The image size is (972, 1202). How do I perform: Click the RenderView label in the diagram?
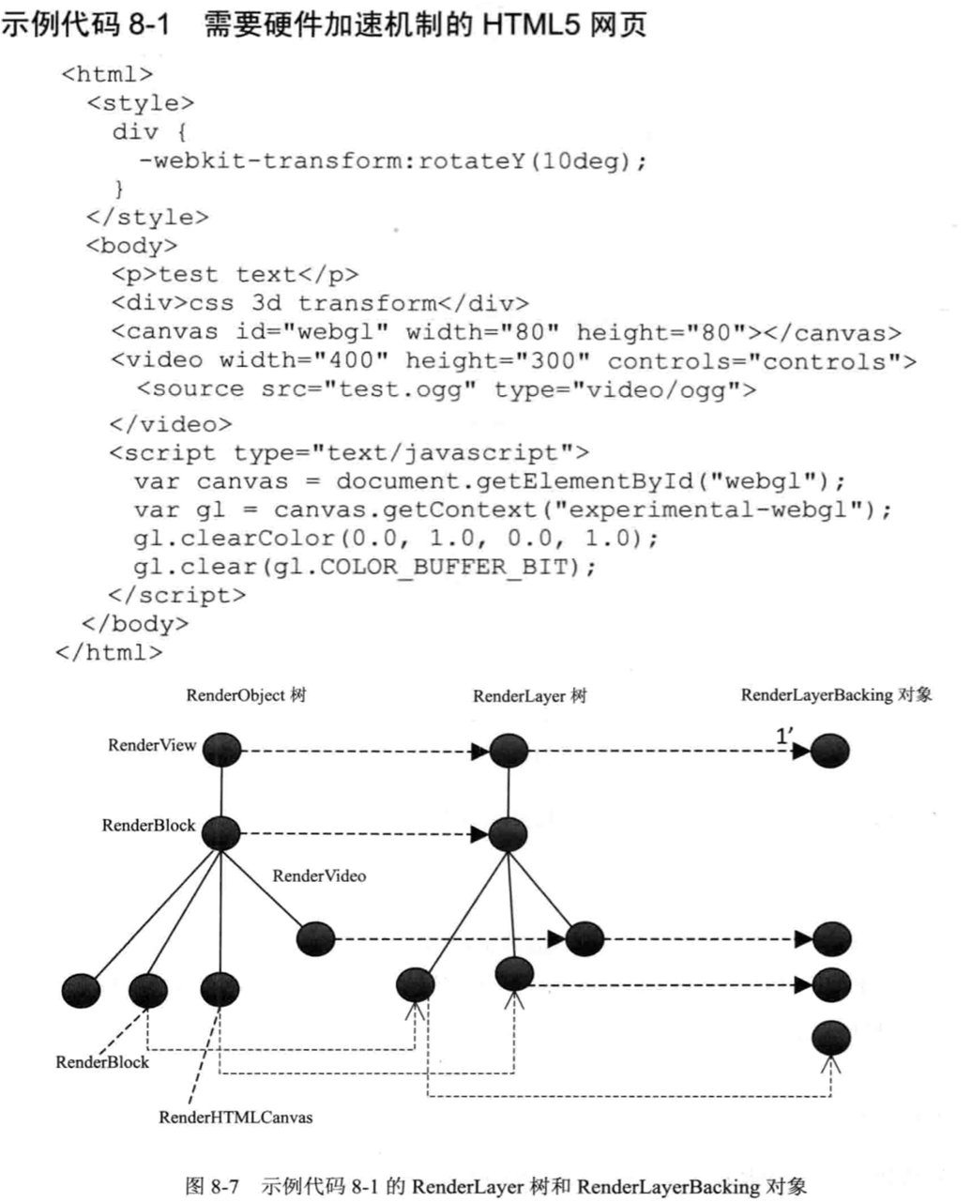coord(152,745)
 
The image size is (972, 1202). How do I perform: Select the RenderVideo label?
coord(319,875)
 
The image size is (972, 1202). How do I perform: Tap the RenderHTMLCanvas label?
coord(235,1117)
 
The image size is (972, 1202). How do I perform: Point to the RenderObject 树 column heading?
coord(246,695)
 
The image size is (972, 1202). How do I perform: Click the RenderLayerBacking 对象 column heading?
coord(836,695)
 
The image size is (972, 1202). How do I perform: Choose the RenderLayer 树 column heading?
coord(530,696)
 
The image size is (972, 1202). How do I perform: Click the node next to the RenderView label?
coord(221,751)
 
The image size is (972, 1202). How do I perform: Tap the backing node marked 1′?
coord(830,752)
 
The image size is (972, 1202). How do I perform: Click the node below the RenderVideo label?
coord(315,938)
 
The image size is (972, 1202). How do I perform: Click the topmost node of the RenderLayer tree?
coord(509,751)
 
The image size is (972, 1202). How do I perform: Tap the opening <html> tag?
coord(107,74)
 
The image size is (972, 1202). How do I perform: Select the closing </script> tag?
coord(177,596)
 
